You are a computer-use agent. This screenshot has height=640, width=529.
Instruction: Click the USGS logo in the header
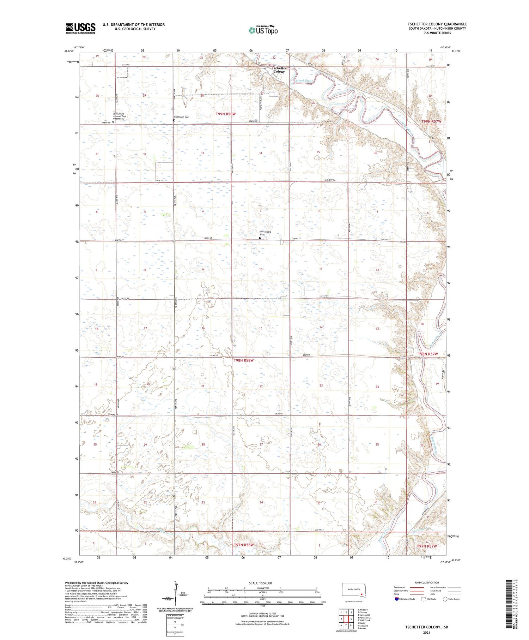point(80,28)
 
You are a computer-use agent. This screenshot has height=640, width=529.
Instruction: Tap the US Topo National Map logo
point(263,30)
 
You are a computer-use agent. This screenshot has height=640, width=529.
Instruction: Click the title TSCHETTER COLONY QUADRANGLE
point(437,24)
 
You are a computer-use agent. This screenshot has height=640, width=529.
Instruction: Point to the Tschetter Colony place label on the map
point(279,70)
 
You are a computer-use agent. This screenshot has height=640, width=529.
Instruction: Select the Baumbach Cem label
point(182,117)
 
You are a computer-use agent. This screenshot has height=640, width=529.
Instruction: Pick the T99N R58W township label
point(225,114)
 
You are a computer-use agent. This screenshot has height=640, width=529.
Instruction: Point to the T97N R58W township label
point(244,545)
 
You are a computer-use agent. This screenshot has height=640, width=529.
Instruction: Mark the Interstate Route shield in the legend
point(396,599)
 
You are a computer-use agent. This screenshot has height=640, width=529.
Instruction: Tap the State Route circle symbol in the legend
point(445,599)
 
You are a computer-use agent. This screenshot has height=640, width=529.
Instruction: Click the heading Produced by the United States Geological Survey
point(97,583)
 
